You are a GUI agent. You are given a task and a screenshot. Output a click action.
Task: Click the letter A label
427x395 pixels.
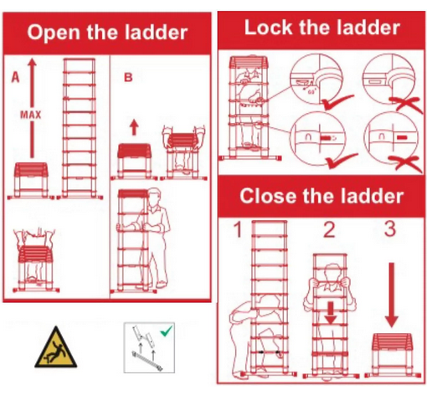[x=16, y=77]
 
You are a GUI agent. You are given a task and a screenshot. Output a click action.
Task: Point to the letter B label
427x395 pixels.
[x=128, y=77]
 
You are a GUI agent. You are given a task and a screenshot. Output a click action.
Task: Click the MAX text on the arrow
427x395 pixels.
[x=31, y=115]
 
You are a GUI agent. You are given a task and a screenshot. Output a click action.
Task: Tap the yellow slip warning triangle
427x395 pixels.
[x=56, y=347]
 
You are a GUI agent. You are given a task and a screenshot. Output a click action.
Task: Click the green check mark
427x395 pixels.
[x=167, y=331]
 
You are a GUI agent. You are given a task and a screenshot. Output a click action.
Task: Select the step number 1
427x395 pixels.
[x=238, y=230]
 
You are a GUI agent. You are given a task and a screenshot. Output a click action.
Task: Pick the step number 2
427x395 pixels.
[x=329, y=230]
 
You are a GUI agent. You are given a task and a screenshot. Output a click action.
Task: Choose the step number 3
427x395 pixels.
[x=390, y=229]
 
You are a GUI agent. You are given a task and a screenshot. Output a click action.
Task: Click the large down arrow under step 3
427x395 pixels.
[x=391, y=295]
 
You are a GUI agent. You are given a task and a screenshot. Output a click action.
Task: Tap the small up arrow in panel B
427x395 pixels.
[x=134, y=127]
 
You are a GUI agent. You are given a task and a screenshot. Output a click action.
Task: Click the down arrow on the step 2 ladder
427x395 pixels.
[x=331, y=313]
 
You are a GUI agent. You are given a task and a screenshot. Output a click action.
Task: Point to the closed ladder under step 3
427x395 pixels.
[x=393, y=355]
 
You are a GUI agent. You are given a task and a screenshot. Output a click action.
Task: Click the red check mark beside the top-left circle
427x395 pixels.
[x=337, y=102]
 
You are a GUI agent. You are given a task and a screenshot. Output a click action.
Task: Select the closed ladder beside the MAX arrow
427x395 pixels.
[x=31, y=181]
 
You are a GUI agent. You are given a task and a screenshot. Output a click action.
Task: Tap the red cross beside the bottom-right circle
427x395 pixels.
[x=406, y=164]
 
